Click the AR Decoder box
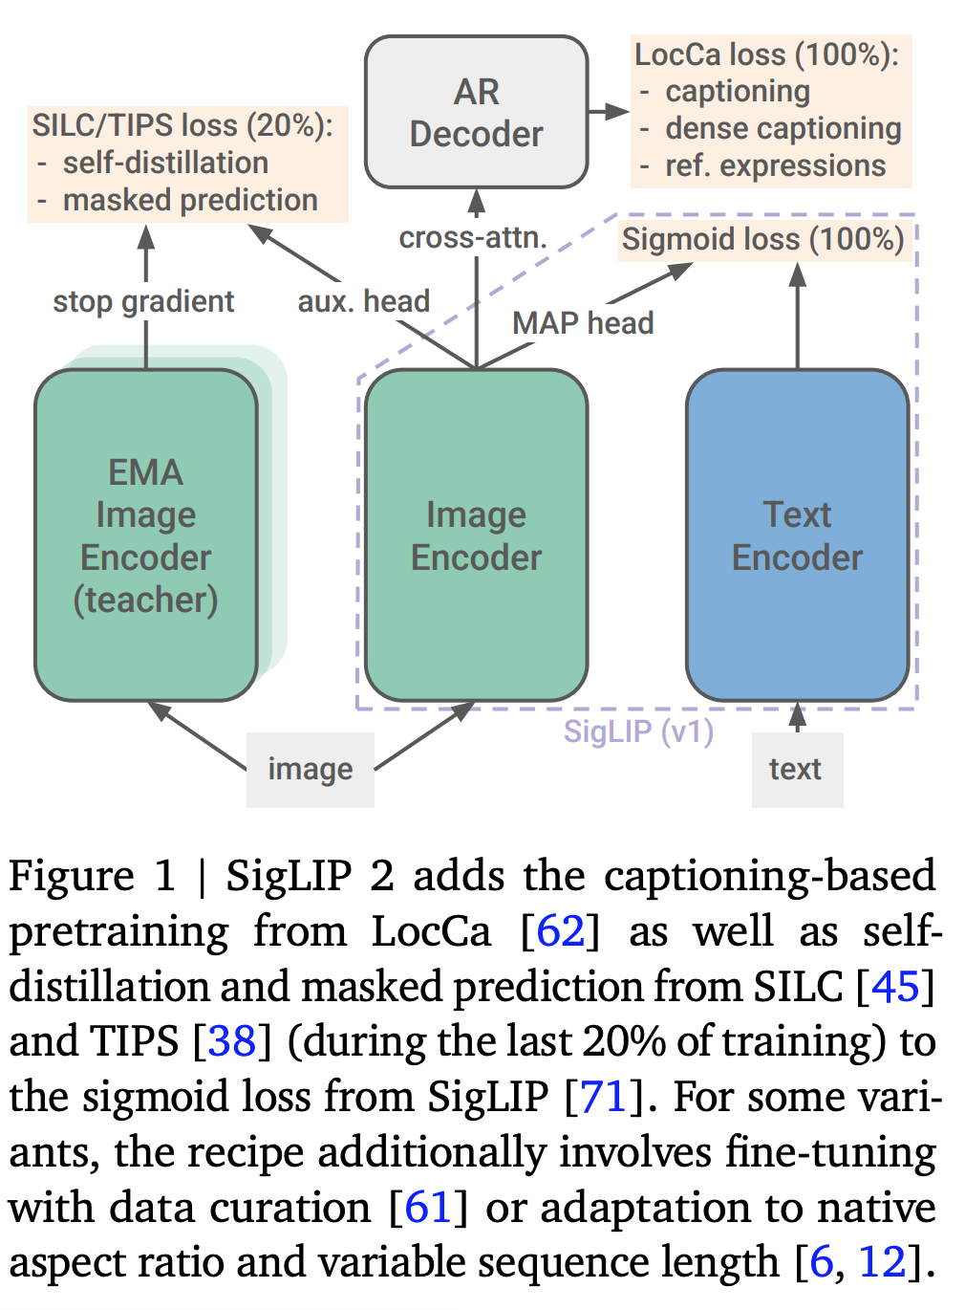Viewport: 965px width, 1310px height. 477,112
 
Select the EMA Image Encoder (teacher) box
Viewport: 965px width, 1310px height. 146,535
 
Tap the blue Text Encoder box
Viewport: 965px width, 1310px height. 797,535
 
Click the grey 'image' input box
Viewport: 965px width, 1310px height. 311,770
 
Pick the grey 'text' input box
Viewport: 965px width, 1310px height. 797,770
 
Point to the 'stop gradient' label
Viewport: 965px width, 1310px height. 143,302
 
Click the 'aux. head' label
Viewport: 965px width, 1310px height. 364,301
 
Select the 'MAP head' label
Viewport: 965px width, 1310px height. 583,323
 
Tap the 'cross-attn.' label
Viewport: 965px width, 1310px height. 473,237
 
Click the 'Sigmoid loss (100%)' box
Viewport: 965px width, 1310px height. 763,239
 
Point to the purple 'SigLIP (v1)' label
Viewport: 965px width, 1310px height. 638,731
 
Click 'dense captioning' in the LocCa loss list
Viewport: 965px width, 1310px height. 783,129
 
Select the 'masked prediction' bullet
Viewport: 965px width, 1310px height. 190,201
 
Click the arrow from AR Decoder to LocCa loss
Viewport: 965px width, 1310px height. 609,111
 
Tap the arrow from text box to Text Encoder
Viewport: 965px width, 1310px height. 797,717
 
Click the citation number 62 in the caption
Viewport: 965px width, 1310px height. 560,930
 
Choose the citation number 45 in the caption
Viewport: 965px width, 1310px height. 895,986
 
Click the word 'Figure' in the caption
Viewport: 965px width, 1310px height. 72,877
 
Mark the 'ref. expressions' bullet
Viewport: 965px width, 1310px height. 776,166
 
